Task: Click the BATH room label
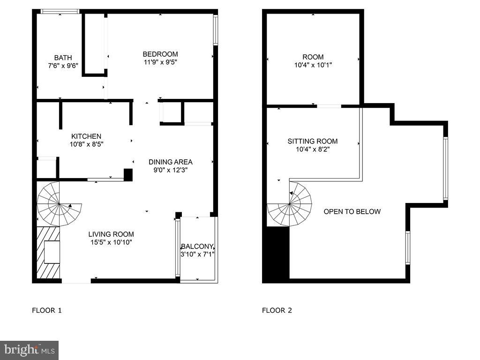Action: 63,58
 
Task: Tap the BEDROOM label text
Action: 160,54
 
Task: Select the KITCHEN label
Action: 86,136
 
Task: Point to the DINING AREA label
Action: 171,162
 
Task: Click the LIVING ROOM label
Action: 111,234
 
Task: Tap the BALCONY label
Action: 197,246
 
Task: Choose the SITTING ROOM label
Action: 313,141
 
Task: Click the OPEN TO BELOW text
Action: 352,211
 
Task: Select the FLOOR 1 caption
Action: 46,310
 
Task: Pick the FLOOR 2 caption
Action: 277,310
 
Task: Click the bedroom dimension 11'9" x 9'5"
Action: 160,61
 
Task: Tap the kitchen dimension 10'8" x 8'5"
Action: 86,144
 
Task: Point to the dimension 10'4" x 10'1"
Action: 313,65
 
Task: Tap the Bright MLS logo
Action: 29,350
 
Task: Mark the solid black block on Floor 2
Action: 276,255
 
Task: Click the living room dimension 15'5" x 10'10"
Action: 111,242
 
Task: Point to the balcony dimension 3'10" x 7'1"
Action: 197,254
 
